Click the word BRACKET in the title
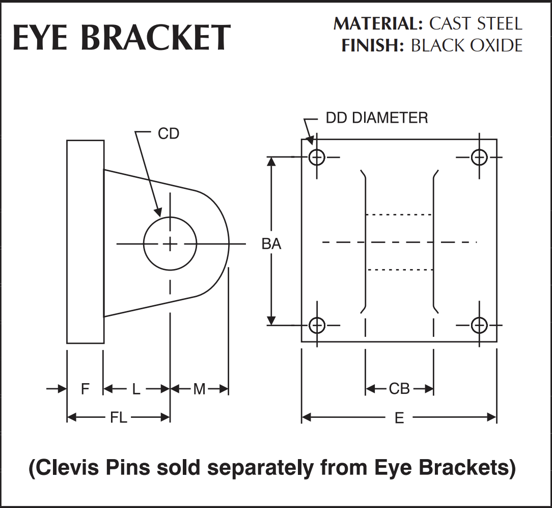(x=156, y=38)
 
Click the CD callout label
(x=169, y=134)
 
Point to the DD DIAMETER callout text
(x=376, y=118)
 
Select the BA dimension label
(x=271, y=244)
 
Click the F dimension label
(x=85, y=389)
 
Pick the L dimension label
(x=136, y=389)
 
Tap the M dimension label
(x=199, y=389)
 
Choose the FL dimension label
(x=118, y=418)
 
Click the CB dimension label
(x=399, y=389)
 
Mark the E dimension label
(x=399, y=418)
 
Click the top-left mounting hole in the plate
(x=317, y=157)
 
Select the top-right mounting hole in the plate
(x=479, y=157)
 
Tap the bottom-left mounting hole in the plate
(x=317, y=325)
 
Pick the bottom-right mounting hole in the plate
(x=479, y=325)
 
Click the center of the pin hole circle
(x=170, y=244)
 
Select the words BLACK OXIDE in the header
(x=466, y=46)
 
